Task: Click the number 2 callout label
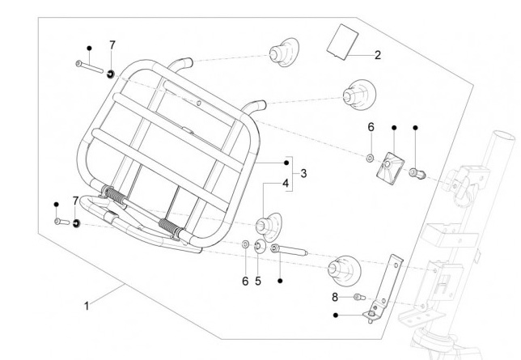coord(377,56)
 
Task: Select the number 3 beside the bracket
coord(303,174)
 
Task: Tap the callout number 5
coord(258,281)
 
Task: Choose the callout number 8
coord(335,297)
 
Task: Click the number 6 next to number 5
coord(245,281)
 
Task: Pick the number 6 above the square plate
coord(371,127)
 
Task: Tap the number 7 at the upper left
coord(112,44)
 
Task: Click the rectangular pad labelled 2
coord(343,41)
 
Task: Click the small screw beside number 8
coord(358,298)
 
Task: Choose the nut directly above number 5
coord(258,247)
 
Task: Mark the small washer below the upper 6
coord(370,155)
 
